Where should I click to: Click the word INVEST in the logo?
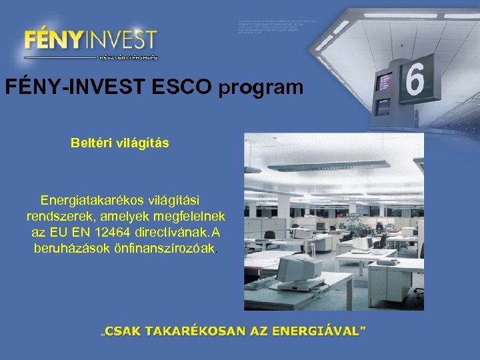(x=121, y=39)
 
